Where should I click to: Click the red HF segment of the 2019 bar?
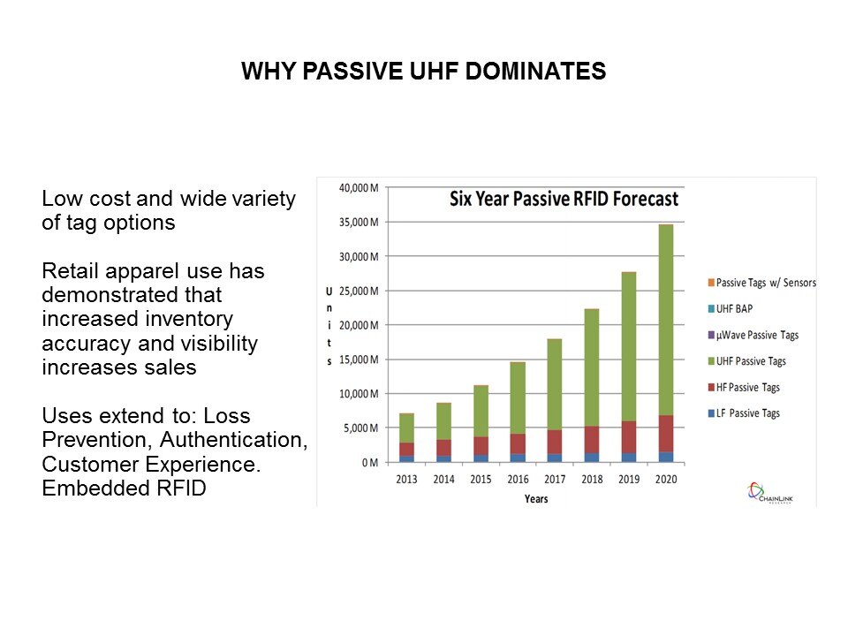629,436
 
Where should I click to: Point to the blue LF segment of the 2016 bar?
518,458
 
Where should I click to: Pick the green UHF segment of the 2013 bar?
406,428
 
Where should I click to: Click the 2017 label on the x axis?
555,481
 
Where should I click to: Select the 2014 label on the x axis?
443,481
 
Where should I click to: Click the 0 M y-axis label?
368,463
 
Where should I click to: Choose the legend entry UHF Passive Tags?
751,361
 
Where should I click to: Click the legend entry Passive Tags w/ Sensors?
765,283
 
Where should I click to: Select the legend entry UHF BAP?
737,309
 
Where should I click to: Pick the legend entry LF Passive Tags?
747,413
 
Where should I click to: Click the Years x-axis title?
535,499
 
